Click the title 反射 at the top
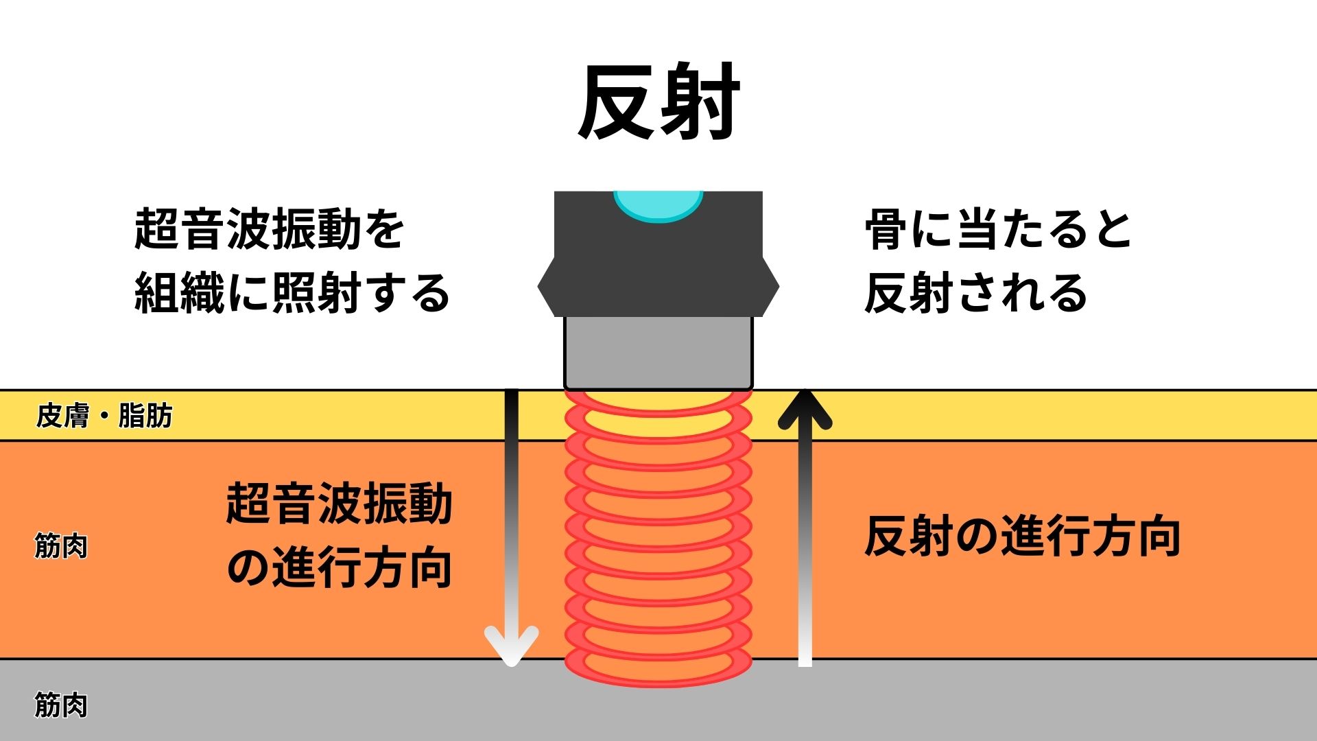click(x=658, y=103)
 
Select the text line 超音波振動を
click(x=269, y=229)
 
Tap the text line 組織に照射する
click(x=292, y=293)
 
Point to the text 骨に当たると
click(x=998, y=229)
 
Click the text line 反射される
click(x=975, y=293)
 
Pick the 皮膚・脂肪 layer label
click(x=104, y=416)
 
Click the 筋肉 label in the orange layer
click(x=61, y=547)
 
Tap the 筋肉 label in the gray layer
click(x=61, y=705)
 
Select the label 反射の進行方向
click(x=1022, y=537)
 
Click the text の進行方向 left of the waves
click(x=339, y=568)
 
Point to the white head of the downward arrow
click(x=511, y=645)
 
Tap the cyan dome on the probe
click(x=658, y=204)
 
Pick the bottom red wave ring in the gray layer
click(x=658, y=669)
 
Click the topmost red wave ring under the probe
click(x=658, y=401)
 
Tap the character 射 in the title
click(x=700, y=103)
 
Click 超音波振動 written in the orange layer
click(x=339, y=504)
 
